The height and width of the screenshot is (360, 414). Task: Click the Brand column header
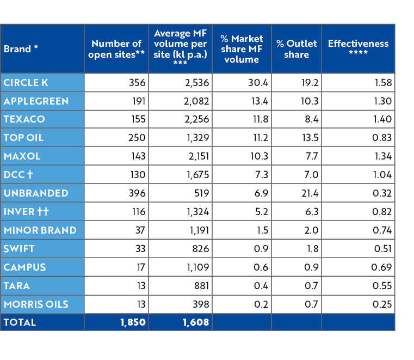click(x=21, y=49)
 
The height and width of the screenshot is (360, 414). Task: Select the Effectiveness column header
click(x=358, y=48)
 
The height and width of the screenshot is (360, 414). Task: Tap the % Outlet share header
click(x=296, y=49)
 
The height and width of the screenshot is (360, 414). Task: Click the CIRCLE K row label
click(x=26, y=83)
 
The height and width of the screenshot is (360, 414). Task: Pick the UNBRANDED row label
click(x=36, y=193)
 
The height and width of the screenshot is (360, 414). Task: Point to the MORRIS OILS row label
click(x=36, y=304)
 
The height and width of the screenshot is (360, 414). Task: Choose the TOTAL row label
click(x=20, y=322)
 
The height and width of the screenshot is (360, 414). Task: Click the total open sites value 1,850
click(x=133, y=322)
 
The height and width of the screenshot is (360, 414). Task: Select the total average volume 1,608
click(x=196, y=322)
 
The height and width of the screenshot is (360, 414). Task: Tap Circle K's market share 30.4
click(x=258, y=83)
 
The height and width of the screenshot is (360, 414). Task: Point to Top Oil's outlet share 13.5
click(x=310, y=138)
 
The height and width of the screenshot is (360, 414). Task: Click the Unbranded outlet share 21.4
click(x=310, y=193)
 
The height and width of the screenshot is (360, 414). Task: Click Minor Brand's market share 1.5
click(x=262, y=230)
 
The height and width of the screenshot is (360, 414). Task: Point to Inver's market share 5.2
click(x=261, y=212)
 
